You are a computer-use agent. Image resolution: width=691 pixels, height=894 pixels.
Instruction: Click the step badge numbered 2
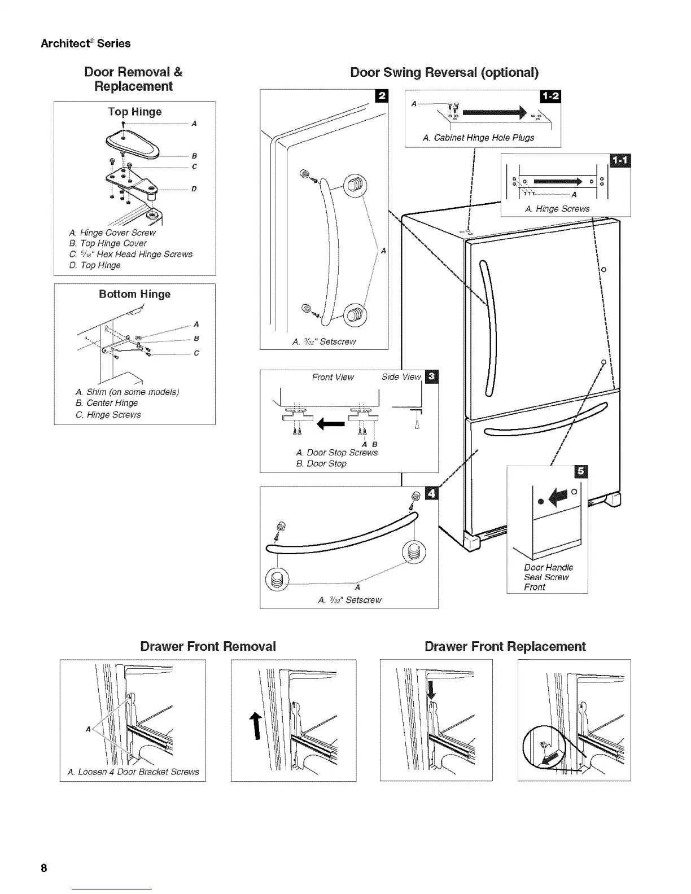(x=381, y=96)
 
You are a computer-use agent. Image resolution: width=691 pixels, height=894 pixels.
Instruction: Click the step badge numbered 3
(x=432, y=376)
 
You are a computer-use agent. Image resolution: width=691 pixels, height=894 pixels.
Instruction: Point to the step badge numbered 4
(x=432, y=493)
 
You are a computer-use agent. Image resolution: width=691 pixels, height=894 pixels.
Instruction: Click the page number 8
(x=43, y=867)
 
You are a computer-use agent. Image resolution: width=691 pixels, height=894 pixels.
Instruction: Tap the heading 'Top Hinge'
(x=135, y=112)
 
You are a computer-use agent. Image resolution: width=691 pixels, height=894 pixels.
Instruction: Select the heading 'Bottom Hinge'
(x=134, y=294)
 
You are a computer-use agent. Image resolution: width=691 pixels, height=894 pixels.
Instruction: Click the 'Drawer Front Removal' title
(x=208, y=646)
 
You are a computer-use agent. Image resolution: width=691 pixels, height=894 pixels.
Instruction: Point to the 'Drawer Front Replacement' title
(x=505, y=646)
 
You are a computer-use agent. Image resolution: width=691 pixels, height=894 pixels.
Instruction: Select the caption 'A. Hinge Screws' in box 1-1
(x=557, y=209)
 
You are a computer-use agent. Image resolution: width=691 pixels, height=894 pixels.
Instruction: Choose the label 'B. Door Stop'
(x=321, y=463)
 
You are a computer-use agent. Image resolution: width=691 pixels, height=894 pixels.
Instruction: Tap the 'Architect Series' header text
(x=86, y=43)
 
